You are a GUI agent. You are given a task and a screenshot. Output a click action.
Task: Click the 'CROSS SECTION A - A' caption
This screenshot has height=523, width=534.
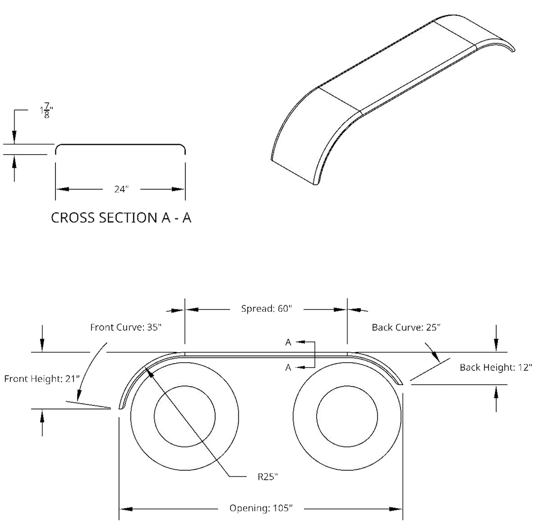point(122,218)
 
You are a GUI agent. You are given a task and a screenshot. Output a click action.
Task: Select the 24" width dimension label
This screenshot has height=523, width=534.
point(121,190)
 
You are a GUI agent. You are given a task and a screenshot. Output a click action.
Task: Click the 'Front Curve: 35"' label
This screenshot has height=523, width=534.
point(126,327)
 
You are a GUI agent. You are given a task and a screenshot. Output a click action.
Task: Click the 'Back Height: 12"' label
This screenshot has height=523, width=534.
point(496,367)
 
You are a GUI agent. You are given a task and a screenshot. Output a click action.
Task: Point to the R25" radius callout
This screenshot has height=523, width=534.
point(268,476)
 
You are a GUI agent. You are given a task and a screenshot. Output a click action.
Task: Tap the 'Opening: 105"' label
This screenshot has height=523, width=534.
point(261,509)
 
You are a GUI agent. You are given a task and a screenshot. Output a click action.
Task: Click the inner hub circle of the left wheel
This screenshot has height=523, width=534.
point(184,416)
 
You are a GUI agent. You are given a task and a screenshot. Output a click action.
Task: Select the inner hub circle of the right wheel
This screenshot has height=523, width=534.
point(347,416)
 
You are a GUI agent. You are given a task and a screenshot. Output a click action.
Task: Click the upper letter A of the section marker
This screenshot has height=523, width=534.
point(289,343)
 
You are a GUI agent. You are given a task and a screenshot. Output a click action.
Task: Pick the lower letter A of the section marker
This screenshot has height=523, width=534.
point(289,368)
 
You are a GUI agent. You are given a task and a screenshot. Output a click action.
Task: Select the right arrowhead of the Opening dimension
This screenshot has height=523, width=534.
point(397,509)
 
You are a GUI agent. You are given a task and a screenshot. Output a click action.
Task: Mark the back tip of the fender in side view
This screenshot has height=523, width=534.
point(401,385)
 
